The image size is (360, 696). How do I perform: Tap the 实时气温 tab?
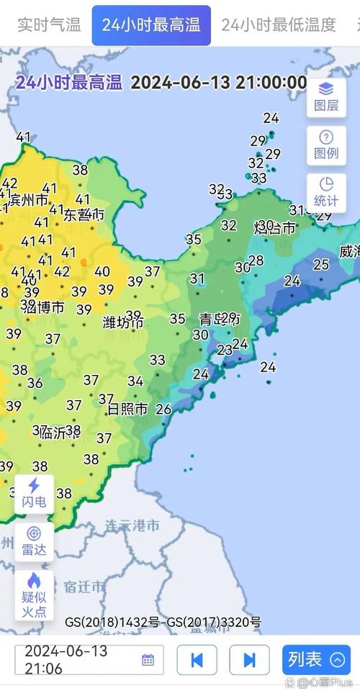tap(49, 25)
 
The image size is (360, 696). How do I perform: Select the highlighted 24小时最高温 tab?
tap(151, 25)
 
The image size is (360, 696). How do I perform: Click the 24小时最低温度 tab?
tap(279, 25)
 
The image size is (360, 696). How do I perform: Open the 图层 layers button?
tap(326, 96)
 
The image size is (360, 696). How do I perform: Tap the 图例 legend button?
tap(326, 145)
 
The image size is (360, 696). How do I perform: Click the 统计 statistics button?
tap(326, 192)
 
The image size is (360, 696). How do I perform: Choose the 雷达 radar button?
tap(34, 541)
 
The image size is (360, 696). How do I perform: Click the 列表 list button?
tap(316, 659)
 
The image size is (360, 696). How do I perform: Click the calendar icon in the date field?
tap(148, 659)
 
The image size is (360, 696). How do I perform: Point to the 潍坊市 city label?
tap(123, 322)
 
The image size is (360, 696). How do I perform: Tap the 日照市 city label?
tap(127, 409)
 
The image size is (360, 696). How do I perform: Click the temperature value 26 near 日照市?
tap(163, 410)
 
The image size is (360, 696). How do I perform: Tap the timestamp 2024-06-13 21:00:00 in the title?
tap(218, 82)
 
